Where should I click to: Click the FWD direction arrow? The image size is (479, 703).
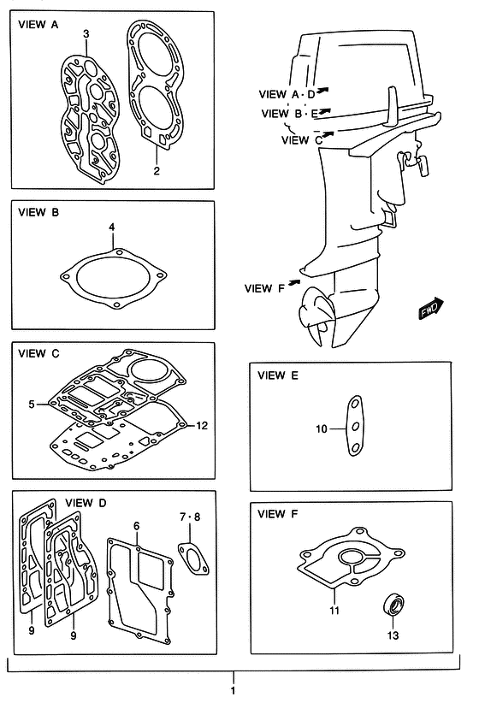click(431, 309)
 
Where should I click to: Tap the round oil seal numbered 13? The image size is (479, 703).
click(393, 605)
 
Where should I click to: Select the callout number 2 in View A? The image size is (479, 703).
click(157, 171)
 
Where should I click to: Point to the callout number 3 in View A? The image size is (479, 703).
click(86, 33)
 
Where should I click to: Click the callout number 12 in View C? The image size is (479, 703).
click(202, 425)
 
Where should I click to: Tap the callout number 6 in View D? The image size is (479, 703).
click(136, 525)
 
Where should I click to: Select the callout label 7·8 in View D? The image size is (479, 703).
click(190, 517)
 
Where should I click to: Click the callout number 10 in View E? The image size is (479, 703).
click(322, 429)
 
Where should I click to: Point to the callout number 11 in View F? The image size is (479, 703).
click(334, 610)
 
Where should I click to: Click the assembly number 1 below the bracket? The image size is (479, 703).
click(233, 691)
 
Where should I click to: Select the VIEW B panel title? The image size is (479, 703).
click(38, 212)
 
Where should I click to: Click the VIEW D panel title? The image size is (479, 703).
click(86, 503)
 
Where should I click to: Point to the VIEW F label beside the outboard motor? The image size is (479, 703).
click(264, 288)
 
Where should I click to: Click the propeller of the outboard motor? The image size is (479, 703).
click(317, 316)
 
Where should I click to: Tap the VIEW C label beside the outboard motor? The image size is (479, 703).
click(302, 140)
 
